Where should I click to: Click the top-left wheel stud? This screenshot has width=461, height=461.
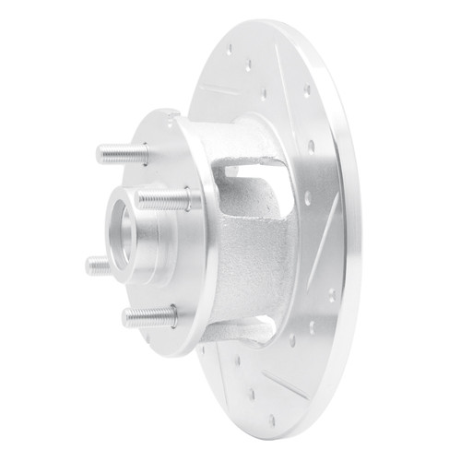pos(121,153)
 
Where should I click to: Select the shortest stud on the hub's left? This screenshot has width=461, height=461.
pos(99,266)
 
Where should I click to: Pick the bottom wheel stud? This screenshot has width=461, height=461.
pos(148,317)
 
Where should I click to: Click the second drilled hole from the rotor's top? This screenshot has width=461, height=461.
pos(250,65)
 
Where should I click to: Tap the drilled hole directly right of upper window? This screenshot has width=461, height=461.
pos(305,197)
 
